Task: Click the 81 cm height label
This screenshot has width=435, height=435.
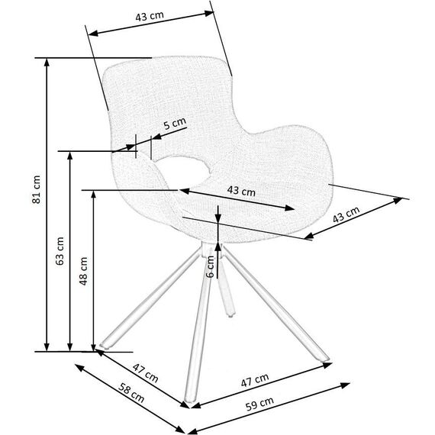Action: [37, 189]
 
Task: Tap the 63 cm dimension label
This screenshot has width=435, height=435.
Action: [60, 251]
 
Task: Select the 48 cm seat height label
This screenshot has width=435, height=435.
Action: [83, 271]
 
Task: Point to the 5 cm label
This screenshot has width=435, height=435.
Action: [175, 124]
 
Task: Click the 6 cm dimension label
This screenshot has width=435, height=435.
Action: [211, 266]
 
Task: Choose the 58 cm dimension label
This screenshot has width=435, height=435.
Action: [131, 392]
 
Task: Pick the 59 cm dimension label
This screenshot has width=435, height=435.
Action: [259, 404]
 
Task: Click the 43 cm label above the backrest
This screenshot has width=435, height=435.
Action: [150, 16]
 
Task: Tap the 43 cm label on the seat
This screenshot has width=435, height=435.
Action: [241, 191]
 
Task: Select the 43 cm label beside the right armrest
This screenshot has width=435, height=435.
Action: [346, 214]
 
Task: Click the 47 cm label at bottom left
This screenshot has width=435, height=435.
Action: [145, 373]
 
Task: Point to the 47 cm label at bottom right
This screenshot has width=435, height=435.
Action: [255, 380]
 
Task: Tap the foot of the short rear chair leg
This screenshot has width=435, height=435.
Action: [230, 314]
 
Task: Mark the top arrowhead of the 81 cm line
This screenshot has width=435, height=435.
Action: [47, 63]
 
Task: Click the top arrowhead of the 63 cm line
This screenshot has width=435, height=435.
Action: [70, 156]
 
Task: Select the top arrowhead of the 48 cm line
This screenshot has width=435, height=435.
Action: [94, 195]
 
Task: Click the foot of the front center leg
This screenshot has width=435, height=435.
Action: [189, 399]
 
